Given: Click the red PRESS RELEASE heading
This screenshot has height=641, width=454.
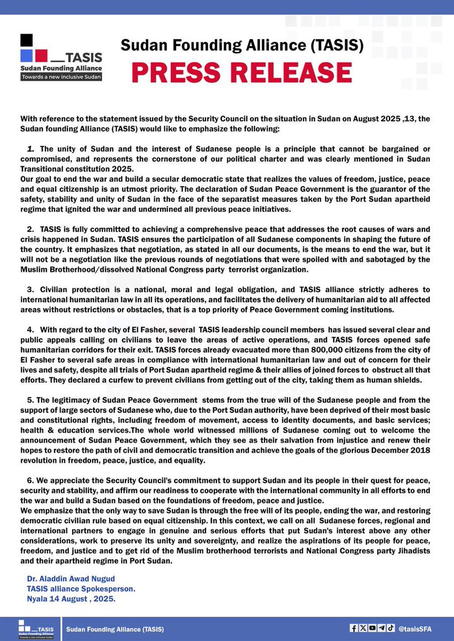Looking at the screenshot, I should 241,73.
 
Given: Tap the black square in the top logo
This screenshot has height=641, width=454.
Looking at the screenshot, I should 26,41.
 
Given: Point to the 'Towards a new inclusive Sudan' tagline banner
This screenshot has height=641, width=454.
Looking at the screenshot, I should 61,77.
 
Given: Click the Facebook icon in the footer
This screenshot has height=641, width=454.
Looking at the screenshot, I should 354,628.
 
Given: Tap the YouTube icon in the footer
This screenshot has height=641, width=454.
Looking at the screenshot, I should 372,628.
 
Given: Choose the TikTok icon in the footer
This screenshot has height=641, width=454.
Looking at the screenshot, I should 391,628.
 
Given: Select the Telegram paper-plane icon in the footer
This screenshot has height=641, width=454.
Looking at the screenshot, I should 381,628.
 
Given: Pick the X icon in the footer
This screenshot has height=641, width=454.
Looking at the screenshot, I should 363,628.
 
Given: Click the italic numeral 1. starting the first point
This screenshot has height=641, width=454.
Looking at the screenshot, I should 31,149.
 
